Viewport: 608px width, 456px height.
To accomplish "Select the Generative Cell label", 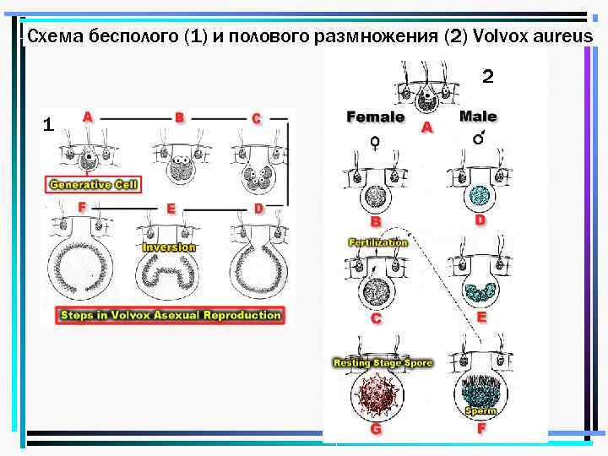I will tap(95, 184).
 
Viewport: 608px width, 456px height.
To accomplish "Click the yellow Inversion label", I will tap(169, 247).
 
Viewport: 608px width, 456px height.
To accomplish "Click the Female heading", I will tap(376, 117).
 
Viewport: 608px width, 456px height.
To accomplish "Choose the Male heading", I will tap(478, 117).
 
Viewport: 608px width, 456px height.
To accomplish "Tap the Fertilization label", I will tap(377, 242).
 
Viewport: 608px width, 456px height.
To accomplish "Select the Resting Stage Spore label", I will tap(383, 363).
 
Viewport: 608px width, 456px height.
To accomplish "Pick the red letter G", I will tap(376, 429).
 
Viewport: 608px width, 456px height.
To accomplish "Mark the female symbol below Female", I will tap(374, 143).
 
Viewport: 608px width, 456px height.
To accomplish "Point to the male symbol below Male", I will tap(479, 138).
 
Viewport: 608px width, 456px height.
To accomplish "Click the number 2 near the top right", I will tap(486, 79).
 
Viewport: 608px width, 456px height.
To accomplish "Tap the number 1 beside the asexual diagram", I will tap(49, 126).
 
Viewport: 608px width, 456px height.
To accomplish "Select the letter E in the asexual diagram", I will tap(171, 208).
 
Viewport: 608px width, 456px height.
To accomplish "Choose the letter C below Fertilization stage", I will tap(376, 319).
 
